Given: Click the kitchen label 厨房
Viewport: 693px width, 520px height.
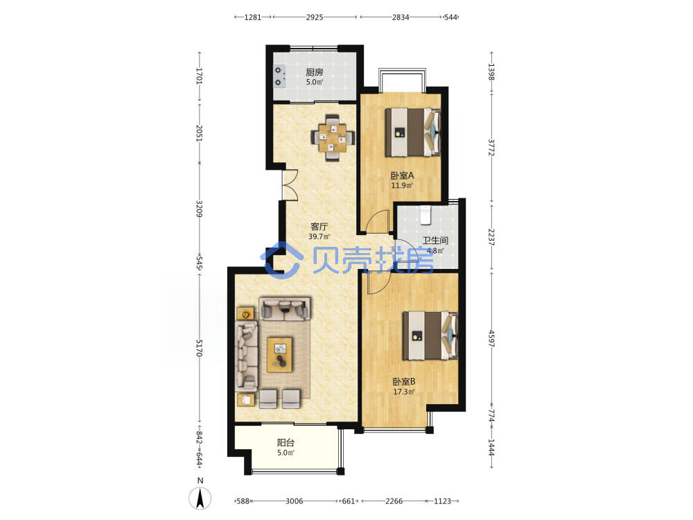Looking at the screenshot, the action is pyautogui.click(x=314, y=72).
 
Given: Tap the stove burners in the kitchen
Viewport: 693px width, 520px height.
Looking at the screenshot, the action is pyautogui.click(x=279, y=76).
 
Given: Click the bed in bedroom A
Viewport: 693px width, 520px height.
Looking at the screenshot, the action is pyautogui.click(x=413, y=132).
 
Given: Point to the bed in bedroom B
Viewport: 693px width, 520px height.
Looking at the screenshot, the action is pyautogui.click(x=430, y=336).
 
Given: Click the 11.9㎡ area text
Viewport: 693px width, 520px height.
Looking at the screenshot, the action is pyautogui.click(x=402, y=185).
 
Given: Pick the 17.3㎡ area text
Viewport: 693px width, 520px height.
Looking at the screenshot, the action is pyautogui.click(x=404, y=392).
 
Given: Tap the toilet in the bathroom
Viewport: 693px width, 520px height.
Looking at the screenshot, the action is pyautogui.click(x=426, y=215).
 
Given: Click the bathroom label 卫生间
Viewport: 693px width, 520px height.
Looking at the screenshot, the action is pyautogui.click(x=435, y=241).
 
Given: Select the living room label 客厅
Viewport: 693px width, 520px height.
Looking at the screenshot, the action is pyautogui.click(x=319, y=227).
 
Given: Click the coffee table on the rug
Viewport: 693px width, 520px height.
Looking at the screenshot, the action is pyautogui.click(x=280, y=354).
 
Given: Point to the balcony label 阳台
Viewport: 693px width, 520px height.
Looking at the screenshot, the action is pyautogui.click(x=286, y=442).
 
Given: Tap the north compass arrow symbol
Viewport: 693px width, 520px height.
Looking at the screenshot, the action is pyautogui.click(x=200, y=499).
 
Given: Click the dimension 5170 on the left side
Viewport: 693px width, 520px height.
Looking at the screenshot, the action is pyautogui.click(x=200, y=348).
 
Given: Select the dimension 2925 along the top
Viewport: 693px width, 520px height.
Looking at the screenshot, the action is pyautogui.click(x=314, y=17).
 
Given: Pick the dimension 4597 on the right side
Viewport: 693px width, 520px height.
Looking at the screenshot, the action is pyautogui.click(x=491, y=338).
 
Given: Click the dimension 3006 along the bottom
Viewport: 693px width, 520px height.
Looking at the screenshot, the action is pyautogui.click(x=295, y=501).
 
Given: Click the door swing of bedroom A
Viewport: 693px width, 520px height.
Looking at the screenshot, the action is pyautogui.click(x=378, y=221).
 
